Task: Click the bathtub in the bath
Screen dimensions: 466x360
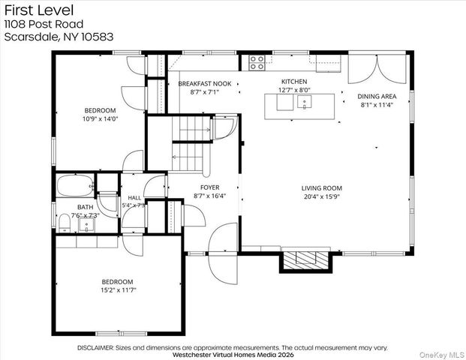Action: (x=75, y=186)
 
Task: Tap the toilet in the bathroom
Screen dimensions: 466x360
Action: (x=65, y=223)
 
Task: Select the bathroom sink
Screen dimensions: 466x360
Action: (x=86, y=225)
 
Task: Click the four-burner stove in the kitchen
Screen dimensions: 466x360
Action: (x=257, y=63)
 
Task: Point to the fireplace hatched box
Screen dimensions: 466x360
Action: (x=305, y=260)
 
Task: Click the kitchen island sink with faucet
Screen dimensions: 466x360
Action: (x=305, y=103)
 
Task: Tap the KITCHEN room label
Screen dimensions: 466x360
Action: (x=294, y=82)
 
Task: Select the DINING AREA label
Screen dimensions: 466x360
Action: (x=377, y=96)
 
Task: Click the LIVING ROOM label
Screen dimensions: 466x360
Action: (x=322, y=188)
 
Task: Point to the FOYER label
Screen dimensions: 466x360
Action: (x=210, y=187)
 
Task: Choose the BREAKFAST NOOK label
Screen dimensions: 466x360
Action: (x=205, y=84)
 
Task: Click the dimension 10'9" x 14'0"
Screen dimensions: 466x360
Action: (x=101, y=119)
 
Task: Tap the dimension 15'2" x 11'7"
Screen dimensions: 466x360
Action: (x=119, y=290)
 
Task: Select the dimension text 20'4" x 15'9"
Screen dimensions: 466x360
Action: (x=322, y=196)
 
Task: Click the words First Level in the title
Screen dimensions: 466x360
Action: (x=39, y=10)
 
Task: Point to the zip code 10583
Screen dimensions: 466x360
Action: (x=98, y=37)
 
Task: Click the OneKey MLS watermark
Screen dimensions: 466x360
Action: (x=442, y=355)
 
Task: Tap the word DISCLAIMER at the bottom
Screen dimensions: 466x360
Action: (x=95, y=348)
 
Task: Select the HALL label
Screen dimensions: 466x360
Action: (x=134, y=197)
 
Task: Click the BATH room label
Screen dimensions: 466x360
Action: (x=86, y=207)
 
